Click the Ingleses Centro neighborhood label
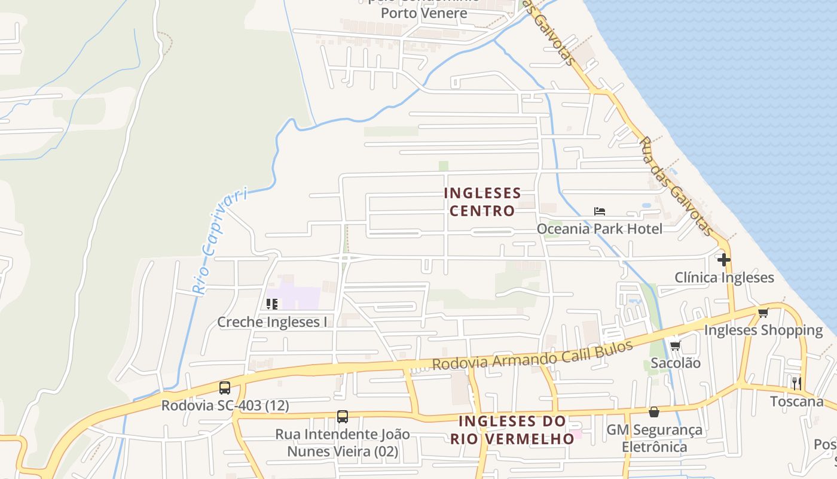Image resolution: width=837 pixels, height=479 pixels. tap(482, 202)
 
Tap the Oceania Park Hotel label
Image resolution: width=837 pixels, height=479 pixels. tap(599, 229)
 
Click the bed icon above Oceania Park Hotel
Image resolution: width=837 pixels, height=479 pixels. tap(600, 211)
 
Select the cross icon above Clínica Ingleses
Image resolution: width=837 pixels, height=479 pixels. tap(724, 260)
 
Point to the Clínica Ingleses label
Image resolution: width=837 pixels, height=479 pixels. tap(724, 278)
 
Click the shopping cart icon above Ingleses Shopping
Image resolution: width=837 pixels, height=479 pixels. tap(763, 313)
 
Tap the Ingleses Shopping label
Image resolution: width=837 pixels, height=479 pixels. tap(763, 330)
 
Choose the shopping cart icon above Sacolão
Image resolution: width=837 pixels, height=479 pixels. tap(675, 345)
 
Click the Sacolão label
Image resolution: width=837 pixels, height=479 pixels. tap(676, 363)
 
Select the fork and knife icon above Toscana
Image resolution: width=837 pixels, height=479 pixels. tap(796, 383)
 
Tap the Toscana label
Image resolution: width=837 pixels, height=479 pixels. tap(796, 401)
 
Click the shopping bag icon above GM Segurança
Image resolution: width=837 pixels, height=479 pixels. tap(654, 412)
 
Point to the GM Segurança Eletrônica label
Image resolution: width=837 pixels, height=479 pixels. tap(654, 438)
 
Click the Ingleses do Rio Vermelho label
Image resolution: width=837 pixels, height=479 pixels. tap(512, 430)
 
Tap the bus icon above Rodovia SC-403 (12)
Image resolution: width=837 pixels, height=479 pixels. tap(225, 388)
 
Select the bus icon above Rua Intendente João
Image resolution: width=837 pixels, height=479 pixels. tap(343, 417)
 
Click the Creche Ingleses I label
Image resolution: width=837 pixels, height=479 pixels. tap(272, 322)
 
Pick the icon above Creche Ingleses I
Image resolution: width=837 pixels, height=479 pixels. tap(272, 304)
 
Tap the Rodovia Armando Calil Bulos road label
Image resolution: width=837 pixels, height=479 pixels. tap(532, 356)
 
